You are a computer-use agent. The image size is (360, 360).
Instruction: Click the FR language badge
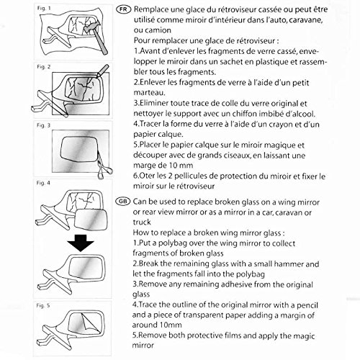pos(124,9)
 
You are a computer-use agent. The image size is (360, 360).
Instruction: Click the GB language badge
pos(122,201)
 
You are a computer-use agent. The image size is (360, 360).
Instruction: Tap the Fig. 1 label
pos(44,8)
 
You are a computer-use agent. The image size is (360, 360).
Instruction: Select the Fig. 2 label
pos(44,67)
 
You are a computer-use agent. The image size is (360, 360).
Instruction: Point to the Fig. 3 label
pos(43,125)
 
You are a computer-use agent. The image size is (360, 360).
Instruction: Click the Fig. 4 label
pos(43,183)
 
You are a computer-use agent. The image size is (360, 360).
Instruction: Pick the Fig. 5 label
pos(43,305)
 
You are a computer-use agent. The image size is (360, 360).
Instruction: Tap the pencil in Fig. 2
pos(102,71)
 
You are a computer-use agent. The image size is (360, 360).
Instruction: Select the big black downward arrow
pos(81,243)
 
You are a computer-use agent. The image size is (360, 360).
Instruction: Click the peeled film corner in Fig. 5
pos(90,323)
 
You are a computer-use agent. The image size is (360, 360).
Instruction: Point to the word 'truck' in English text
pos(142,222)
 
